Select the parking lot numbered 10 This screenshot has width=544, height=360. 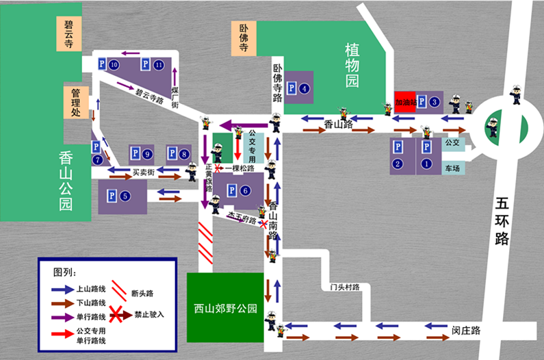[x=107, y=64]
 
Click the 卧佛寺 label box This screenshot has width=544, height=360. [x=244, y=38]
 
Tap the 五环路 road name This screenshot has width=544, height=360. [x=503, y=220]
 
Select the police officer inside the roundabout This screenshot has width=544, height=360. [x=493, y=125]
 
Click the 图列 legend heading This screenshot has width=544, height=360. [x=64, y=271]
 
